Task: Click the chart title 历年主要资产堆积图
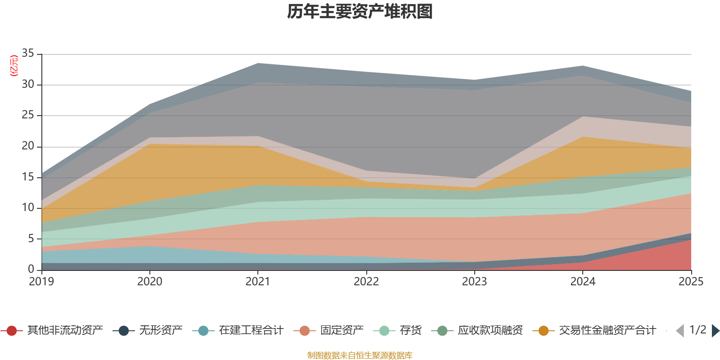pos(360,12)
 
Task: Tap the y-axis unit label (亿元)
pos(14,66)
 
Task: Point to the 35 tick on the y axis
pos(28,53)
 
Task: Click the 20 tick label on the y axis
pos(28,146)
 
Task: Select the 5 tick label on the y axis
pos(31,238)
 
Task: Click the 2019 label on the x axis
pos(41,282)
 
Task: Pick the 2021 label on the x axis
pos(258,282)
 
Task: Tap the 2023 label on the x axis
pos(474,282)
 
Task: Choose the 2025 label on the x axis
pos(691,282)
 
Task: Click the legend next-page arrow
pos(715,331)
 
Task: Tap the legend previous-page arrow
pos(680,331)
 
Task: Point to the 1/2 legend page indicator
pos(697,330)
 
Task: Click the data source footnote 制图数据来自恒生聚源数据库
pos(360,355)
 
